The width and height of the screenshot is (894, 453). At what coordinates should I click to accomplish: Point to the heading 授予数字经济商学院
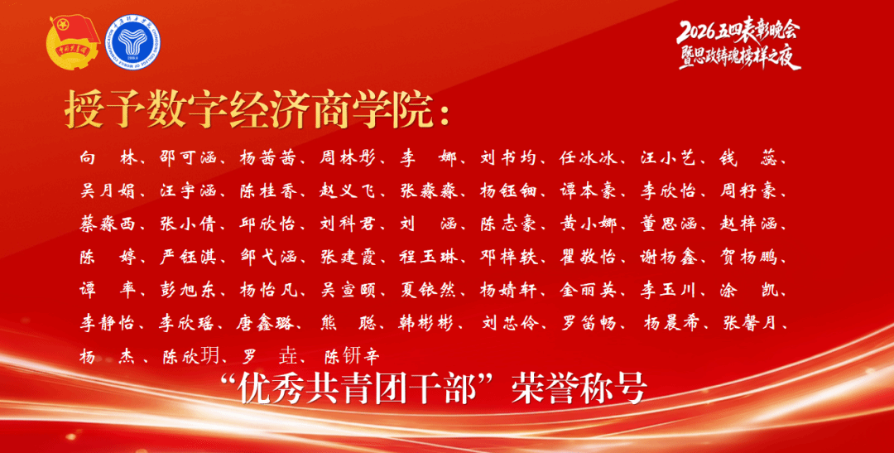[x=246, y=108]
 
